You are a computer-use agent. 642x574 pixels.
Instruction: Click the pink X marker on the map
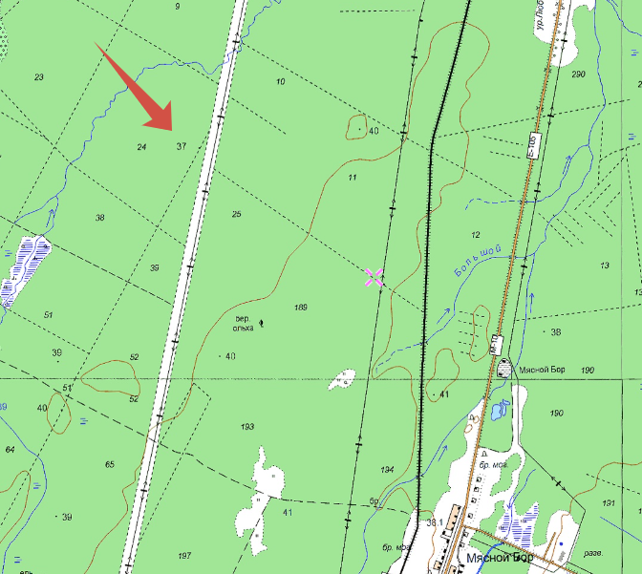(x=374, y=277)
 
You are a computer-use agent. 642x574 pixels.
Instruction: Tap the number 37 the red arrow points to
(x=181, y=146)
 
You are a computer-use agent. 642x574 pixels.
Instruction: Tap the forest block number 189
(x=301, y=307)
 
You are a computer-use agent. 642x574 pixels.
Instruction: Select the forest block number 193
(x=247, y=426)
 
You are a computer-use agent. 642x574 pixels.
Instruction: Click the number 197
(x=184, y=555)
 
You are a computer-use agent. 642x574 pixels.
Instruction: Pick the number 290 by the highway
(x=577, y=74)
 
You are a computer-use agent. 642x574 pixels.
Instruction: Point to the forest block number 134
(x=387, y=470)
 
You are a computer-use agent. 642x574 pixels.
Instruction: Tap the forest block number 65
(x=110, y=464)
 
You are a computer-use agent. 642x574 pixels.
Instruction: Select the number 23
(x=39, y=76)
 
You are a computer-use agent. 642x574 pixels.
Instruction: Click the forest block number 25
(x=236, y=214)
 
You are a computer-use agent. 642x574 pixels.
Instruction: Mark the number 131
(x=609, y=502)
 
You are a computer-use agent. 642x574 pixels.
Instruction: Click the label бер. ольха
(x=243, y=323)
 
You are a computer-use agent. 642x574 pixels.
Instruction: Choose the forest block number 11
(x=352, y=178)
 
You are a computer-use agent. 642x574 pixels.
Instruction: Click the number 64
(x=11, y=449)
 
